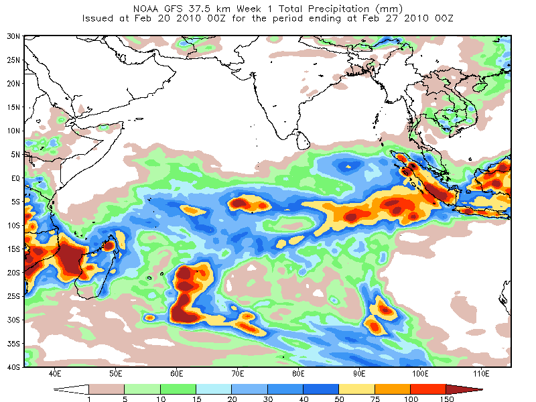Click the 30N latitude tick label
13,36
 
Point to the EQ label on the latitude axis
15,178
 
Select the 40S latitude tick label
13,367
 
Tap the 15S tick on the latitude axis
13,249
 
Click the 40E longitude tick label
55,374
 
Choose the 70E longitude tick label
238,374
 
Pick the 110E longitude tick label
481,374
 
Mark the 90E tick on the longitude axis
359,374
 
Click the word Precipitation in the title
339,9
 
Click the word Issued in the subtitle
97,18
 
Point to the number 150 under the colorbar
447,399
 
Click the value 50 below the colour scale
339,399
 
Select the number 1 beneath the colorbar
89,399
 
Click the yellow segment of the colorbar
356,389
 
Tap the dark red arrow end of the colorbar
463,389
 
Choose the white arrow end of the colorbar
72,389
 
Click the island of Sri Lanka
303,141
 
